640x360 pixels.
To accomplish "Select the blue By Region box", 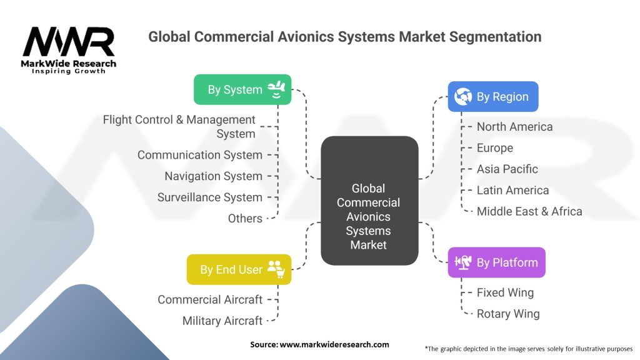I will [492, 97].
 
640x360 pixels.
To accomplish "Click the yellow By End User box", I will [239, 269].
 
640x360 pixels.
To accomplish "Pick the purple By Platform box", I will [496, 262].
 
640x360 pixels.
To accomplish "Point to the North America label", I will [514, 127].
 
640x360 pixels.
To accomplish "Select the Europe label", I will [494, 148].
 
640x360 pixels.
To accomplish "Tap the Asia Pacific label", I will [507, 169].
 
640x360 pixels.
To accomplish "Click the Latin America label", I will [512, 191].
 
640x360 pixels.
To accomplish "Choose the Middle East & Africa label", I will [529, 211].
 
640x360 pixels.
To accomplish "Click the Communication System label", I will [199, 155].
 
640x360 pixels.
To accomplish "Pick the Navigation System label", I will [213, 176].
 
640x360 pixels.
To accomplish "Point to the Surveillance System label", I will [209, 197].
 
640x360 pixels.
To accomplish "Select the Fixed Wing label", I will [505, 292].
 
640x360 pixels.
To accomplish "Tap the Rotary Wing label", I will [507, 314].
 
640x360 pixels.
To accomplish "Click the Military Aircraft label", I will [222, 321].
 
